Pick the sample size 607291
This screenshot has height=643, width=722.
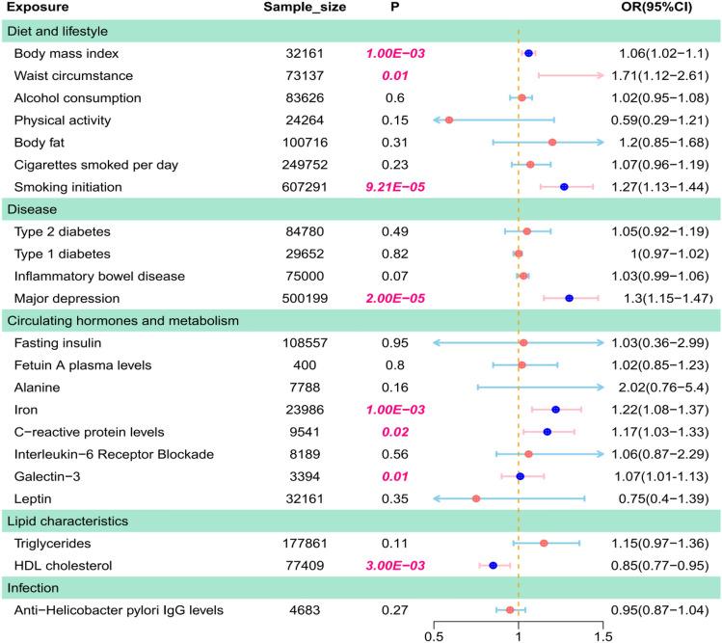point(302,187)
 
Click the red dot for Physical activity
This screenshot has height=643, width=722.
point(449,121)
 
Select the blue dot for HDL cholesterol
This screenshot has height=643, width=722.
point(494,565)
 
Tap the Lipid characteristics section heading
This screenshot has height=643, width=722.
point(69,521)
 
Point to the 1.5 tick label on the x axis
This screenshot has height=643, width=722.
point(603,635)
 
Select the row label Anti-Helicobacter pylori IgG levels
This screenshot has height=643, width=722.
point(119,609)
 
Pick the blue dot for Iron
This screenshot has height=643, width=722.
point(555,410)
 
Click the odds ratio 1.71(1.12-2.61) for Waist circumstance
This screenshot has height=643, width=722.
point(662,76)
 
